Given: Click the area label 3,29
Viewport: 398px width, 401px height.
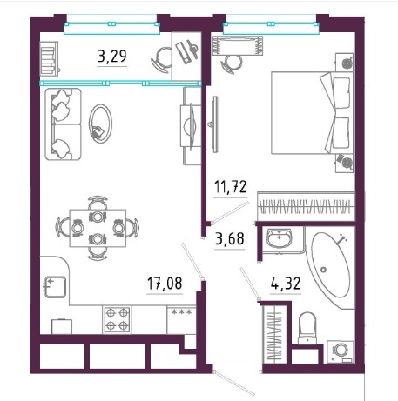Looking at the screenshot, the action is (x=112, y=57).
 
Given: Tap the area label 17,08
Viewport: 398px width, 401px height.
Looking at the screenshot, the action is (x=165, y=284).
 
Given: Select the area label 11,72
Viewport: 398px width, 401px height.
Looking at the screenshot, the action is (x=230, y=186).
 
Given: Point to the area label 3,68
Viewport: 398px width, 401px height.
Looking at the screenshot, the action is (x=230, y=238).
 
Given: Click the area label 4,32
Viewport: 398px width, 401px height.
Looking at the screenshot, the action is (x=286, y=284).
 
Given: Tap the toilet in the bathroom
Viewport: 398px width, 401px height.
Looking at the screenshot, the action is (x=307, y=328).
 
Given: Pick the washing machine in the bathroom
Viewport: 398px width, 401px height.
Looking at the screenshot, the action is (x=341, y=352).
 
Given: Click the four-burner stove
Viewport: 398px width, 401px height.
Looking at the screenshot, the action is (x=117, y=319).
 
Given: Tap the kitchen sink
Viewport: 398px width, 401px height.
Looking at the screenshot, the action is (x=55, y=287).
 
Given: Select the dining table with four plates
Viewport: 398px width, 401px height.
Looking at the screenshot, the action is (x=98, y=228).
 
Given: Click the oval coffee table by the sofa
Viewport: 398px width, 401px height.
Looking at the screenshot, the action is (x=100, y=124).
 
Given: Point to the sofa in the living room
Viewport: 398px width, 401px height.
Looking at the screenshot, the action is (x=63, y=124).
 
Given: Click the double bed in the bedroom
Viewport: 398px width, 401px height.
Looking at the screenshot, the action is (x=313, y=113).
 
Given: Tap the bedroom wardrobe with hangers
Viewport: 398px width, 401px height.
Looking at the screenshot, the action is (x=306, y=206).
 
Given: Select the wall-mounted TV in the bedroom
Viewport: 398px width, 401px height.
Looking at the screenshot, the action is (x=215, y=124).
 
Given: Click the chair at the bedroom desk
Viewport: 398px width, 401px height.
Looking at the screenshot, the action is (x=231, y=63).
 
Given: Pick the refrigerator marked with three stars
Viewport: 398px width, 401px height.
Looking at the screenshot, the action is (x=181, y=319).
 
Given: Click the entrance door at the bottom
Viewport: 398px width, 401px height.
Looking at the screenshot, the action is (x=233, y=383).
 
